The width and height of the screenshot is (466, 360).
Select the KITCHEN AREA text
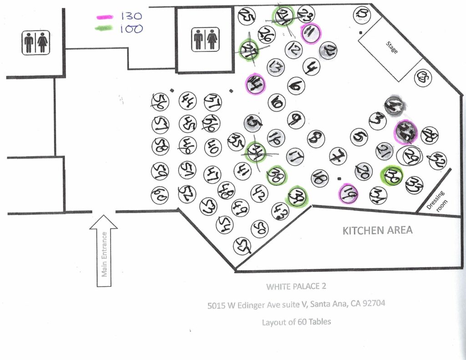point(377,230)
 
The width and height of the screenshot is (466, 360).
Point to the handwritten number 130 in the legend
point(131,16)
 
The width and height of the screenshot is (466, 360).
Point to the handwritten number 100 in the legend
point(131,29)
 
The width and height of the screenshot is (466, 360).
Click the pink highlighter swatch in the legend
point(104,17)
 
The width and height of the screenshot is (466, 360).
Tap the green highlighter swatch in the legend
point(104,28)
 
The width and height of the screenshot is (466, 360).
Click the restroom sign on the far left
point(36,42)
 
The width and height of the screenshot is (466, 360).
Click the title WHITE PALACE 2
point(296,287)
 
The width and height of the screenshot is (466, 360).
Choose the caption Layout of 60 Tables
point(296,322)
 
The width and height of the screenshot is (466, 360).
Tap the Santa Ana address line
point(296,304)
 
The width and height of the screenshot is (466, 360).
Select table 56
point(160,101)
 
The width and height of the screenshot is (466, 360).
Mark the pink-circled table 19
point(348,194)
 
